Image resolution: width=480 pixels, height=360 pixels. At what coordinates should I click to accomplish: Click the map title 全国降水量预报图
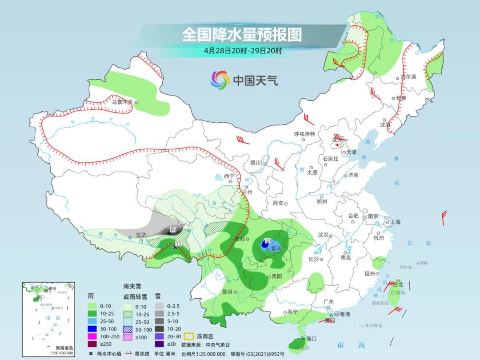pos(241,34)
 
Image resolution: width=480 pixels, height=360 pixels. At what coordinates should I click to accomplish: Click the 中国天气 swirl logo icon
pos(220,80)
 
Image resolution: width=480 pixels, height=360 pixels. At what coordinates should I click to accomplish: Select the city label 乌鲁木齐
pos(122,102)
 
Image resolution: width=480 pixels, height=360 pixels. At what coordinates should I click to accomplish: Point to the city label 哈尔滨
pos(408,76)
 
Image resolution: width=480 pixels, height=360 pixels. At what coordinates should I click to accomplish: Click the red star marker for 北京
pos(338,145)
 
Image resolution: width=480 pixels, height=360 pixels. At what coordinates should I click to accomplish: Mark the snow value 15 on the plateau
pos(173,230)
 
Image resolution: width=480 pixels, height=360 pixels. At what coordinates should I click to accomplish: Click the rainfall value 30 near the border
pos(178,243)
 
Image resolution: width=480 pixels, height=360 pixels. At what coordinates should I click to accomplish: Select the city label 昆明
pos(226,292)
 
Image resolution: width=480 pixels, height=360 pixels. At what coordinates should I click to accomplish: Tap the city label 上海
pos(394,222)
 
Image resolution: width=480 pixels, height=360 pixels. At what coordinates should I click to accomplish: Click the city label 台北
pos(397,284)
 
